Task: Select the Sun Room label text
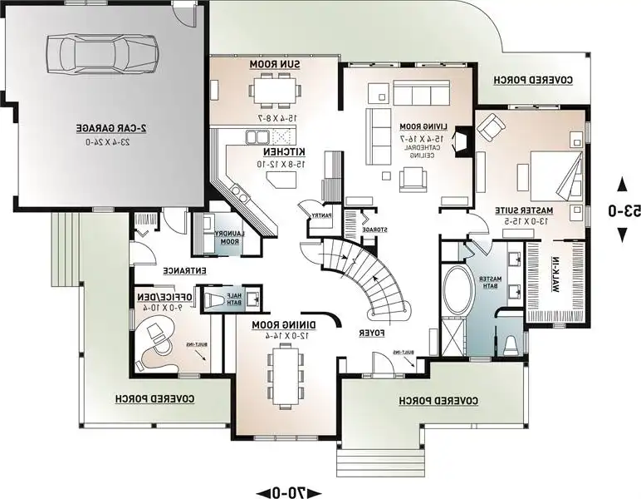coord(264,65)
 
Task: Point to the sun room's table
coord(274,86)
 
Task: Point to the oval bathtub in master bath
coord(455,291)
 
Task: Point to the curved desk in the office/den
coord(158,348)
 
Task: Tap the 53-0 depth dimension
coord(623,210)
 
